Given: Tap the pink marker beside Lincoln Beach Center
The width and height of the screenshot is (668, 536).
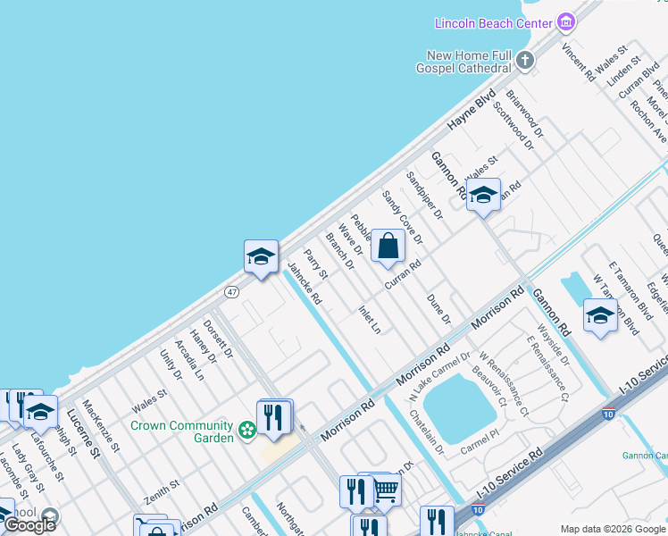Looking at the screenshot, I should (564, 21).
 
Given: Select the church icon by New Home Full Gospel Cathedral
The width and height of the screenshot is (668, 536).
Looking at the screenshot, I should (525, 61).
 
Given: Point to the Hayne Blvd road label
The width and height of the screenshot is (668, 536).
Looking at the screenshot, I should (471, 112).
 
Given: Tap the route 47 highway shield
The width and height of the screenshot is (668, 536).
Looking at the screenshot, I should (231, 292).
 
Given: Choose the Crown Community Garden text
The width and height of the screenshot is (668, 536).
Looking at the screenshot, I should (181, 426).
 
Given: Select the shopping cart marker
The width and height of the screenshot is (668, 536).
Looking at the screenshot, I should (385, 489).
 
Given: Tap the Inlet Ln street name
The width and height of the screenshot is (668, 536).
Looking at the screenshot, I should (370, 320).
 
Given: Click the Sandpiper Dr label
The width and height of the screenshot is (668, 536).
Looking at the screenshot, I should (424, 196).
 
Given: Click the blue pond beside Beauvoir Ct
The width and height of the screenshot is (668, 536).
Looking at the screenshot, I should (459, 406).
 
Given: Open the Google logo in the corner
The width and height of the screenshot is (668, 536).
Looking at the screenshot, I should (29, 525).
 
